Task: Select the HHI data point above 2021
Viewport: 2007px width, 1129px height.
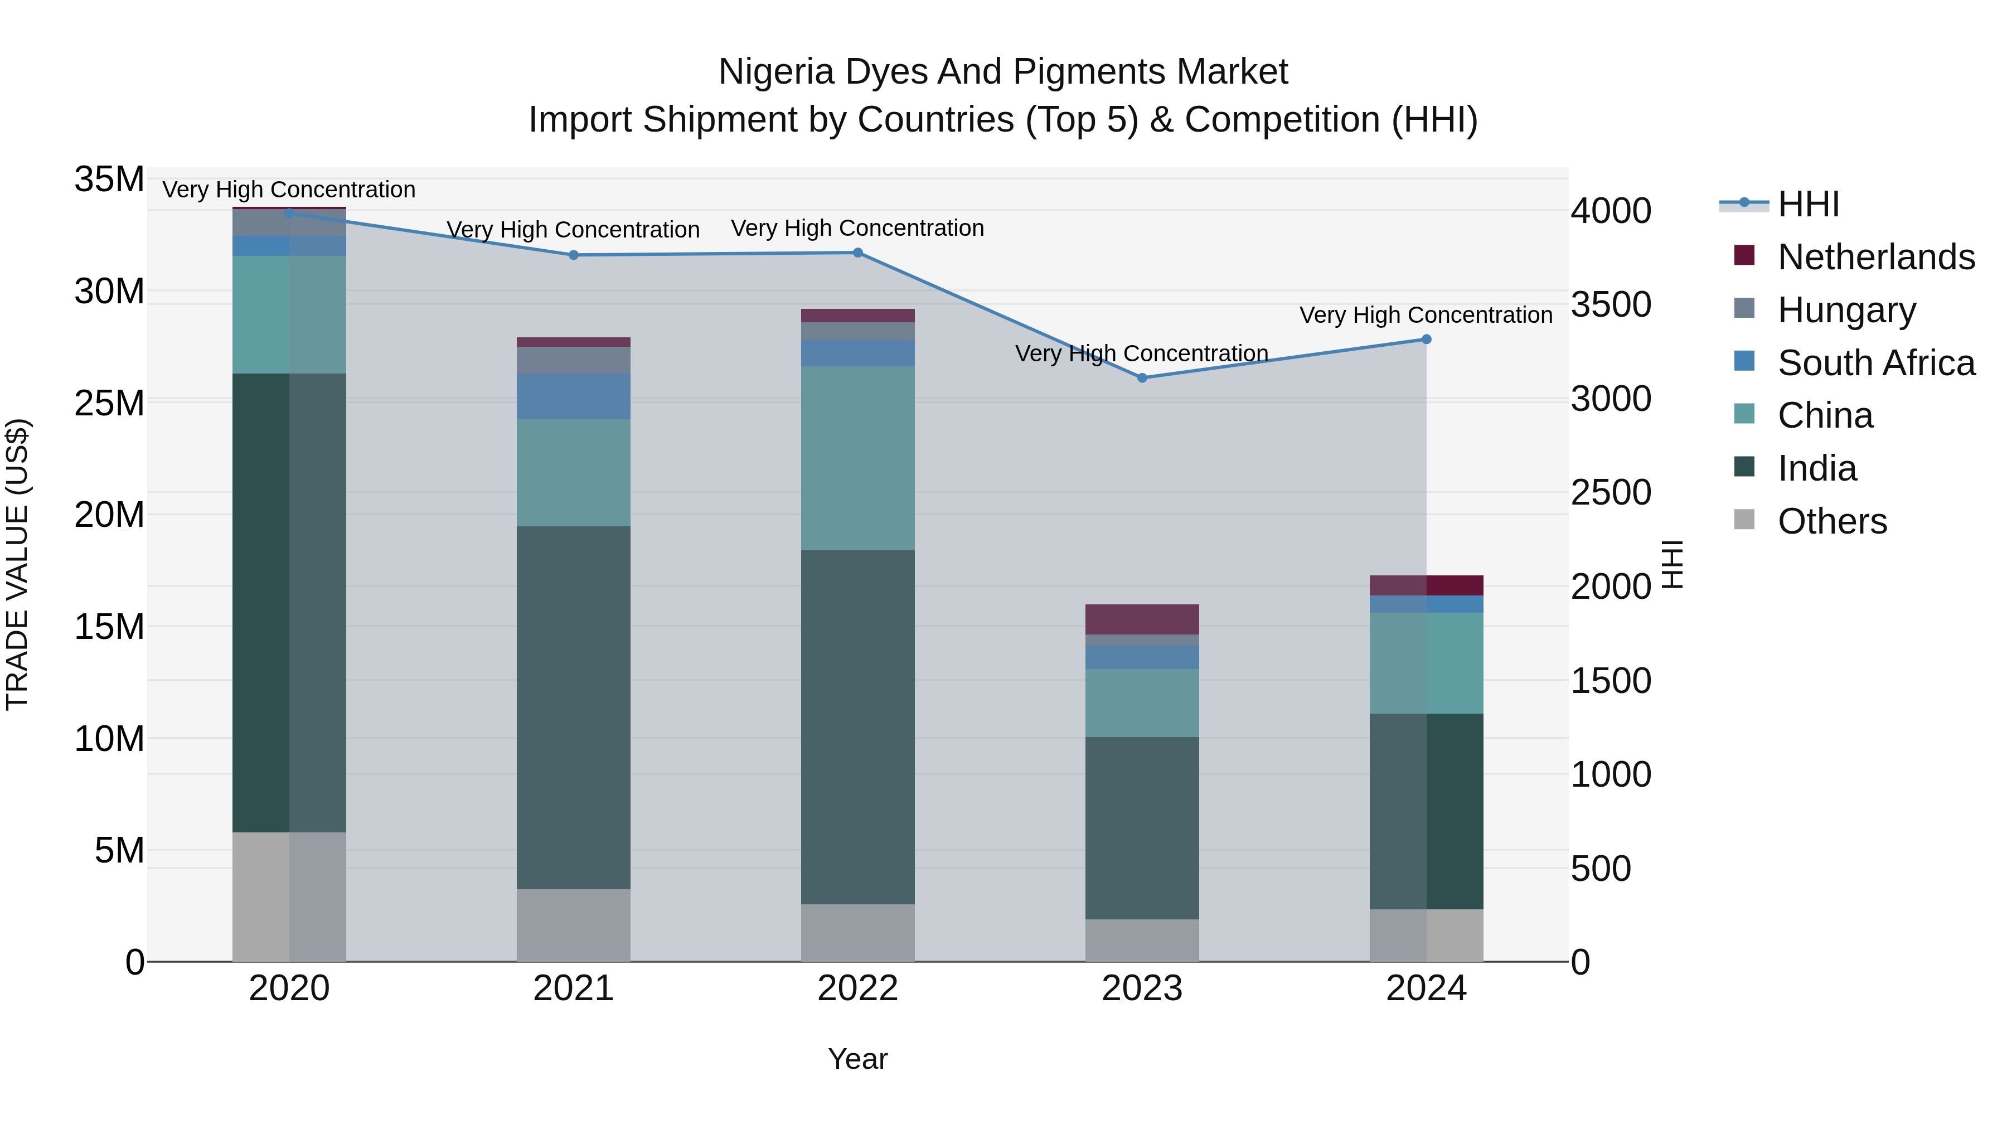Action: click(x=574, y=255)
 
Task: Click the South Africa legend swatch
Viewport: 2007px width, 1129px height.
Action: click(x=1744, y=361)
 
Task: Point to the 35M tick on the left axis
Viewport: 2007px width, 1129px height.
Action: click(x=109, y=179)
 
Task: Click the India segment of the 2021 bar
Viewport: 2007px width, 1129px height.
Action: click(x=574, y=708)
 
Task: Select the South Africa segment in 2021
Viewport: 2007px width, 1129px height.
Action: click(x=574, y=396)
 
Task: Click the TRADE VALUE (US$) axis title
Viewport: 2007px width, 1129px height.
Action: click(x=17, y=564)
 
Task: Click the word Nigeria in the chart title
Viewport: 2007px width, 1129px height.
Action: click(x=775, y=72)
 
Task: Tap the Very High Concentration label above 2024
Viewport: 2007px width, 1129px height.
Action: click(x=1425, y=315)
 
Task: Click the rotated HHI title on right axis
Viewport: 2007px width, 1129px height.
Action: click(x=1672, y=564)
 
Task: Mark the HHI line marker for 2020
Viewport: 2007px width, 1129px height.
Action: click(x=289, y=213)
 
